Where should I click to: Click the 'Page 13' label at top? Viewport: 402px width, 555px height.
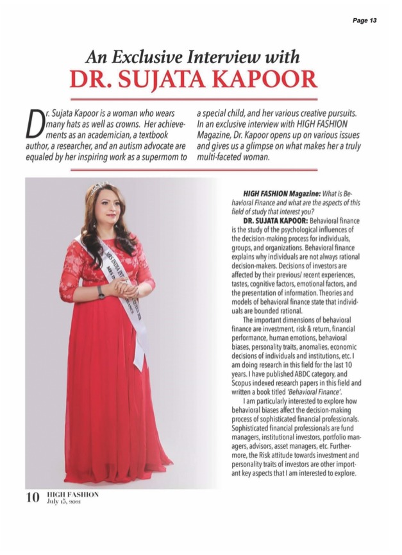(x=364, y=21)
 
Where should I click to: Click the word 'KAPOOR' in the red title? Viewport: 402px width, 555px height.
(x=269, y=80)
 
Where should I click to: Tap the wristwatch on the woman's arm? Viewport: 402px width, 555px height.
(x=101, y=292)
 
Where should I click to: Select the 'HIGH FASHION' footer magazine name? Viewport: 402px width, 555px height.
(x=72, y=495)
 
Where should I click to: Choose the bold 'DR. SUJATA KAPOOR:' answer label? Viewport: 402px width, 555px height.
(x=272, y=221)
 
